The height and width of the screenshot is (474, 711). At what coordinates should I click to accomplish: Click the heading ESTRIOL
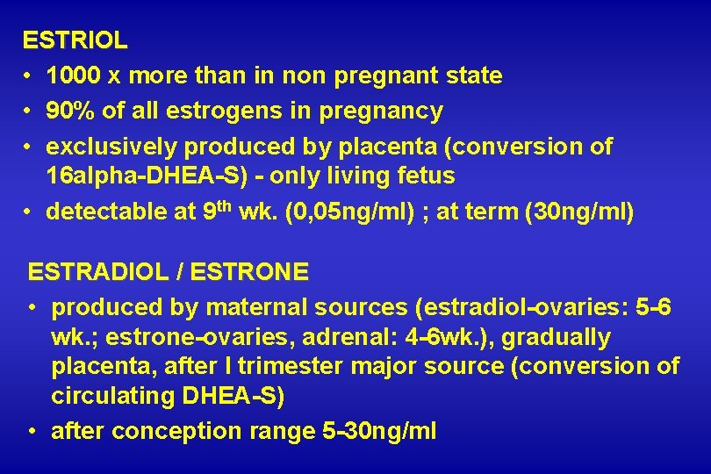point(75,40)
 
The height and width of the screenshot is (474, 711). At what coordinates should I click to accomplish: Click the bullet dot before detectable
point(29,212)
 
